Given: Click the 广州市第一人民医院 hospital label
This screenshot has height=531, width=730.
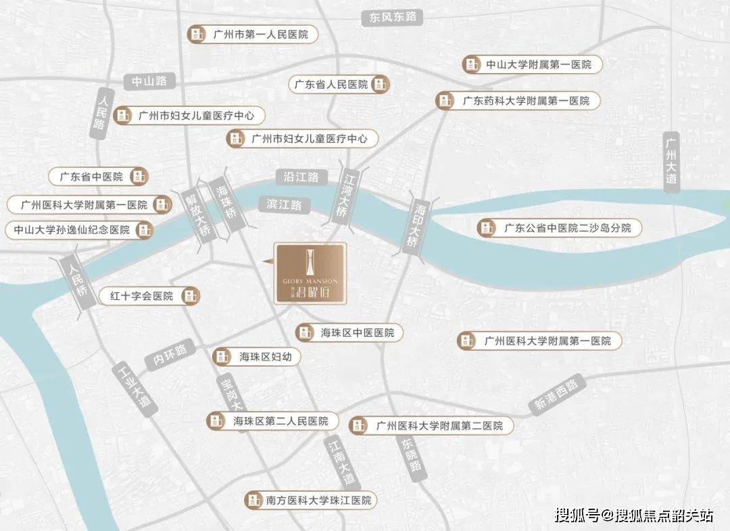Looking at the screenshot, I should tap(251, 34).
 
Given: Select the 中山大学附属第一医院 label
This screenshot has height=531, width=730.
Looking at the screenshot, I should tap(531, 65).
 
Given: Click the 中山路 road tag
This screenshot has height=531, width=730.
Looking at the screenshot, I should tap(149, 81).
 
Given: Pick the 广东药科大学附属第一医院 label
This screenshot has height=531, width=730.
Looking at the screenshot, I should tap(518, 101).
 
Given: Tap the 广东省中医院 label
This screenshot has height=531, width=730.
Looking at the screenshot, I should tap(98, 177).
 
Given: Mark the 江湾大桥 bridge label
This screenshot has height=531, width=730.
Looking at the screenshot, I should tap(347, 196).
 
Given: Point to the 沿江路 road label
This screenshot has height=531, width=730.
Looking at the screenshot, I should tap(301, 177).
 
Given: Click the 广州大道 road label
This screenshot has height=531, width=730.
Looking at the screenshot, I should tap(671, 162).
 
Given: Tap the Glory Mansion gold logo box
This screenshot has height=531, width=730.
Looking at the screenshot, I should tap(310, 273).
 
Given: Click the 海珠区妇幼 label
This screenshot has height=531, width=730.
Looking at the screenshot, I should tap(256, 357).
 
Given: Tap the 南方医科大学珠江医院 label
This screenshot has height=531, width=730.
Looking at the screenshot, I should tap(310, 501).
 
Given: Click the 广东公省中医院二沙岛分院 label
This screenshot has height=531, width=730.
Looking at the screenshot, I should tap(559, 228).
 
